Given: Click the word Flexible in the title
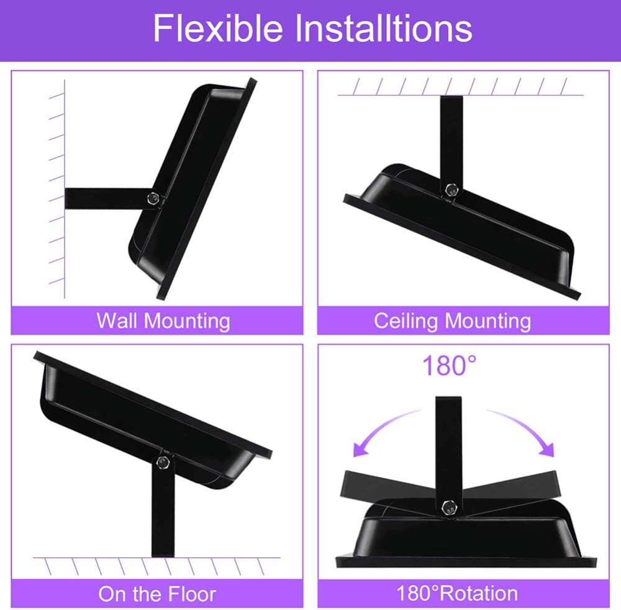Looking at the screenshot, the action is click(x=218, y=28).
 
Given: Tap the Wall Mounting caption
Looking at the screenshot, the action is click(x=163, y=321).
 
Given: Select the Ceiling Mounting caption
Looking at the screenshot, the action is click(x=452, y=321).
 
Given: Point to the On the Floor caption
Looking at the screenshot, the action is click(x=157, y=594).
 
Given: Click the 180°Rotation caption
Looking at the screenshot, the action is click(x=457, y=593).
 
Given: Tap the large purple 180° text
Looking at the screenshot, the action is click(x=449, y=365).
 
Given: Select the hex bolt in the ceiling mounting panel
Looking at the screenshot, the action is click(x=451, y=189).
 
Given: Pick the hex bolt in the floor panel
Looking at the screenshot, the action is click(x=161, y=462).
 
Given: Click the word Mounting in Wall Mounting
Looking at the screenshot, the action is click(x=187, y=321).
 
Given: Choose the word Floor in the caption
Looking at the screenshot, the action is click(x=192, y=594).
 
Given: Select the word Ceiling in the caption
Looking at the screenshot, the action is click(x=406, y=321).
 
